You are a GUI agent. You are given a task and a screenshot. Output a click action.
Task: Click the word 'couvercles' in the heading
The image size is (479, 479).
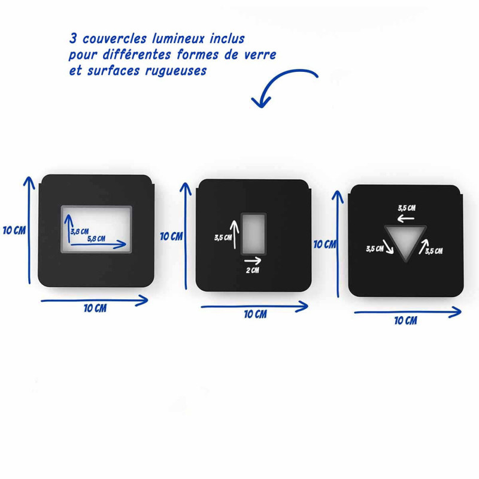coord(115,39)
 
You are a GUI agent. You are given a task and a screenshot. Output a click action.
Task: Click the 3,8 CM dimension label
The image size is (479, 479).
coord(80,231)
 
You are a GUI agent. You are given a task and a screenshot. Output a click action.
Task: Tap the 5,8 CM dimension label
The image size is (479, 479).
coord(96,239)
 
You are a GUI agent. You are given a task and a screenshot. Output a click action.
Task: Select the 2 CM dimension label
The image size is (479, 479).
coord(253,271)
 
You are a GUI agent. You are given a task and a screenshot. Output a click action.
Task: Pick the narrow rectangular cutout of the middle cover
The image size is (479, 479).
coord(253,234)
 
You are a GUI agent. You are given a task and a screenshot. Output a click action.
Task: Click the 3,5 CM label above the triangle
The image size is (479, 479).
coord(407,208)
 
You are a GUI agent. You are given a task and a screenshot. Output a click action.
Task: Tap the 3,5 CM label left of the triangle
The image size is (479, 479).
coord(375,248)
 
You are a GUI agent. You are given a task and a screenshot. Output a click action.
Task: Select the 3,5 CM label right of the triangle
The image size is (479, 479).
coord(434,251)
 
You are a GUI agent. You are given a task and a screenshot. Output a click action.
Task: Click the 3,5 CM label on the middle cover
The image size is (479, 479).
coord(223,237)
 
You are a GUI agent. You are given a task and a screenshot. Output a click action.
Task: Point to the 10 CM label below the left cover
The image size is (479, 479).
coord(95,308)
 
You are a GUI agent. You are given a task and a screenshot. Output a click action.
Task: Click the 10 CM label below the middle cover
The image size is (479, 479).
coord(256,314)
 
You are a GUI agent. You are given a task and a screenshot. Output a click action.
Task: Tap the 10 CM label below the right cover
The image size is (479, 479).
coord(406,321)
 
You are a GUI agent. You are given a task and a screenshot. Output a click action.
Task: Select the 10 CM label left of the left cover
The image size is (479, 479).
coord(14,231)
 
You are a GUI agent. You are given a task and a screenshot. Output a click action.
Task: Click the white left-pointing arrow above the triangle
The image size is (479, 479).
coord(406,219)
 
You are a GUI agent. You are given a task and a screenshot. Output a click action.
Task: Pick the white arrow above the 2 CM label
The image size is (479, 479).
coord(253,261)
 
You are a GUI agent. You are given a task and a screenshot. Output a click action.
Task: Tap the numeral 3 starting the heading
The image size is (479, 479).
coord(72,39)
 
